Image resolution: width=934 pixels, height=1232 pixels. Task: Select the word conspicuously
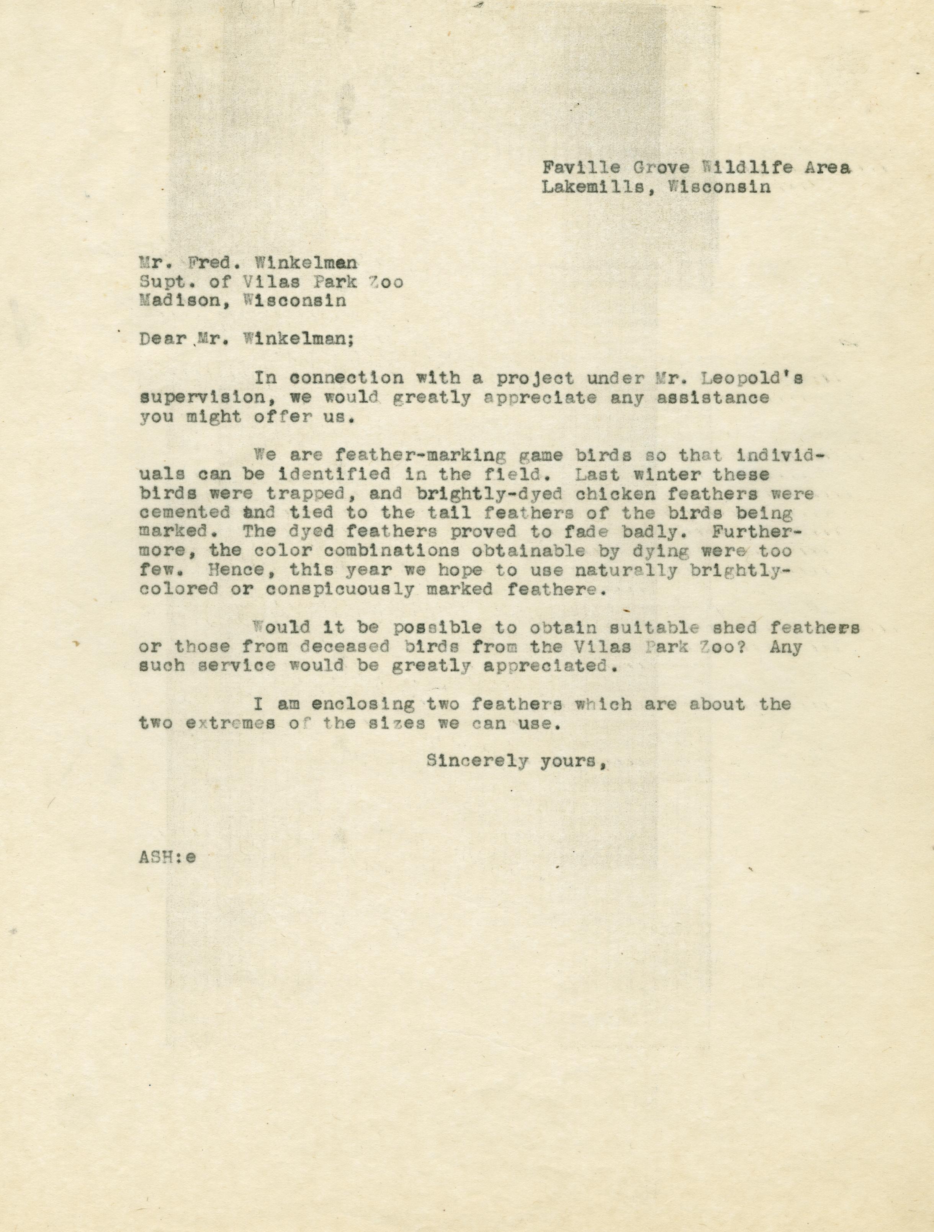340,589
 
